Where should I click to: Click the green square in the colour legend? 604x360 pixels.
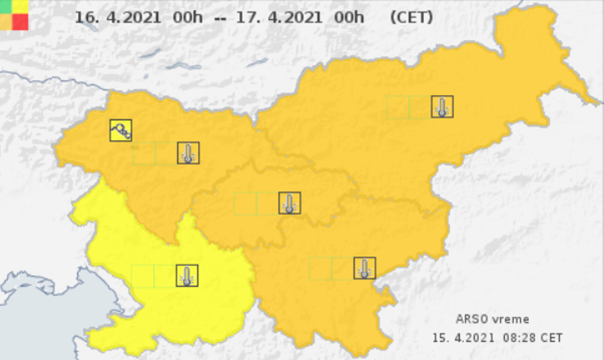click(x=6, y=6)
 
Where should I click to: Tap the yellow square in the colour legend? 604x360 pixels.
click(x=20, y=6)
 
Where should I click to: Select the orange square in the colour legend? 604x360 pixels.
click(x=6, y=22)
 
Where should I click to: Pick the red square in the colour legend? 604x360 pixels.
click(x=20, y=22)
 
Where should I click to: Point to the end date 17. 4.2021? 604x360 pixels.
click(x=280, y=17)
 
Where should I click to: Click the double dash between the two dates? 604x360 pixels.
click(x=220, y=17)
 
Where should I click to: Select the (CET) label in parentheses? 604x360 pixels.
click(x=411, y=17)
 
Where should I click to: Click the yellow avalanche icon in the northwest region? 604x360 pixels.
click(x=121, y=130)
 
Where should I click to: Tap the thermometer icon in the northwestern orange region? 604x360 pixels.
click(x=188, y=153)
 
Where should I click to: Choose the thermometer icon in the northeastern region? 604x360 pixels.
click(x=442, y=107)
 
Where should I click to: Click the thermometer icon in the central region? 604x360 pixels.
click(x=290, y=203)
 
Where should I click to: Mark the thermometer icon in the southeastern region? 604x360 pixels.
click(x=364, y=268)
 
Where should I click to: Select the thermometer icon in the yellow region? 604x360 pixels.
click(x=187, y=275)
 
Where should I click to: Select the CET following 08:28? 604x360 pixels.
click(x=552, y=337)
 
